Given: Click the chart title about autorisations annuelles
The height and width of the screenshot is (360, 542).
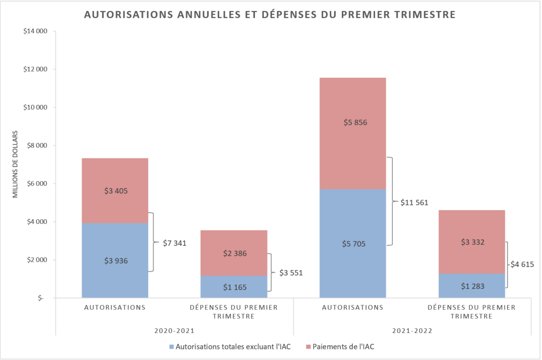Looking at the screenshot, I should (x=270, y=15).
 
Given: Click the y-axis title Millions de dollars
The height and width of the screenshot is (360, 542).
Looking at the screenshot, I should (x=15, y=164).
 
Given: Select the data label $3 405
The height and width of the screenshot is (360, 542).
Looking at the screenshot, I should (x=115, y=191).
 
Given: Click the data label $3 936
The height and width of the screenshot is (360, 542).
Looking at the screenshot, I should (x=115, y=260).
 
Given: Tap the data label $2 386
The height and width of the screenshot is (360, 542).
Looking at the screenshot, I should (x=234, y=253).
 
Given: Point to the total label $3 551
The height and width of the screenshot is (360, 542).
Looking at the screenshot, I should (x=291, y=273).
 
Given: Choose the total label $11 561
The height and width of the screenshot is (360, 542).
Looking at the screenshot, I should (x=413, y=202).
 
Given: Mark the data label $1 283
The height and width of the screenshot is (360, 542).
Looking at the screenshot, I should (x=472, y=286).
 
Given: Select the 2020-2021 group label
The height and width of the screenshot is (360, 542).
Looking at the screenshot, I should (x=174, y=331).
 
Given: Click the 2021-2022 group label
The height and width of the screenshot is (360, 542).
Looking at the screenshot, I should (x=412, y=331).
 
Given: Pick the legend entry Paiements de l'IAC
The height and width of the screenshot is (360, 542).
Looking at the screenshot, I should (x=343, y=347).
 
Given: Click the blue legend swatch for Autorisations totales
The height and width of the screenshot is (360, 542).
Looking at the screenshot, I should (x=171, y=347).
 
